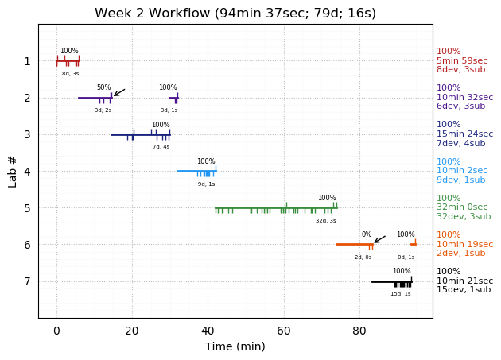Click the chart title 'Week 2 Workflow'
click(x=235, y=14)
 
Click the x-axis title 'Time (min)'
click(x=235, y=346)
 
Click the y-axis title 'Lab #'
click(x=13, y=171)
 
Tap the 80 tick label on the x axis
click(x=359, y=331)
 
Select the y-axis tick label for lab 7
click(x=27, y=281)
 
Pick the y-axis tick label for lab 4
click(x=27, y=172)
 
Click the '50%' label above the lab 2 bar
click(x=104, y=87)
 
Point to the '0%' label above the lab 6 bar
click(x=367, y=234)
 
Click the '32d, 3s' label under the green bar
click(x=326, y=221)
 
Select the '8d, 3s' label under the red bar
click(x=71, y=74)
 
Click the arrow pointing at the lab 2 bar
click(x=118, y=92)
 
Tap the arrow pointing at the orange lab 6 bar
click(x=379, y=238)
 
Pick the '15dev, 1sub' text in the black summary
click(x=464, y=290)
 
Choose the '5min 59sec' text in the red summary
click(x=462, y=61)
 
